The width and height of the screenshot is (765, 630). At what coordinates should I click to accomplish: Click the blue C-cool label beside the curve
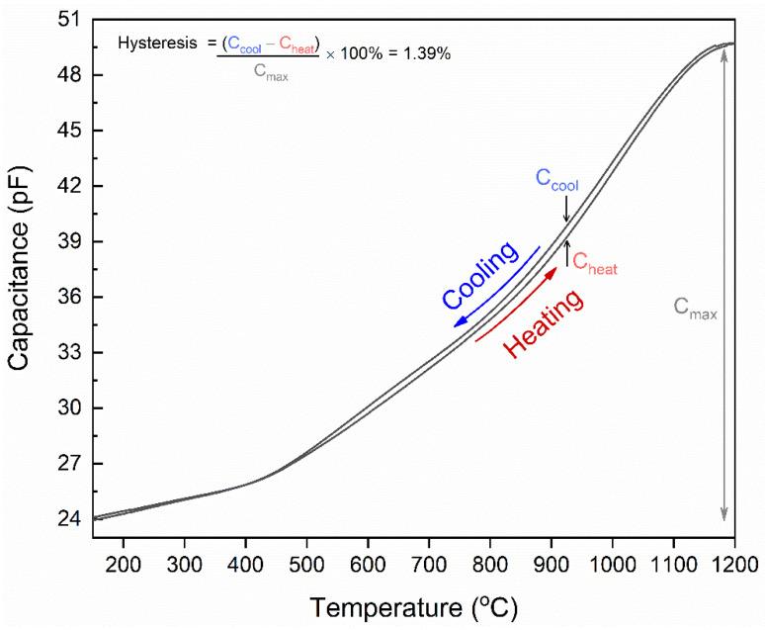tap(556, 180)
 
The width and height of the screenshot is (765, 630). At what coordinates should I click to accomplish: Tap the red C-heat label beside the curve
tap(595, 263)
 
